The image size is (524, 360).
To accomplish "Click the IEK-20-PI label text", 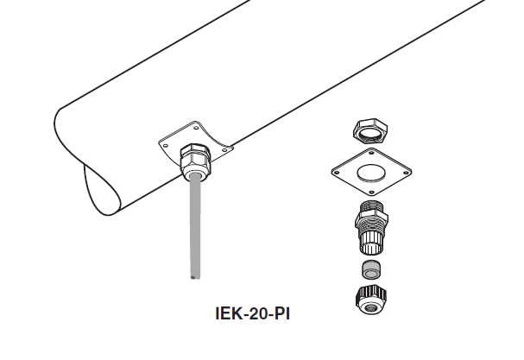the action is click(253, 313).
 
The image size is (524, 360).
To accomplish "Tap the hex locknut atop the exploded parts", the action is click(370, 131).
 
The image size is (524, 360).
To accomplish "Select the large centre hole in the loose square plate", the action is click(371, 174).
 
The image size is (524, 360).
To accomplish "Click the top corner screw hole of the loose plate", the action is click(371, 153).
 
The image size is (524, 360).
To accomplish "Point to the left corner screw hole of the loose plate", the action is click(337, 172).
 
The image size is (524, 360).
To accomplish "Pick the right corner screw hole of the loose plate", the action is click(406, 173).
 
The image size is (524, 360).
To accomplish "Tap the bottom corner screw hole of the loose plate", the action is click(371, 192).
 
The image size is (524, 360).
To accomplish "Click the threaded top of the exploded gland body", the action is click(371, 205).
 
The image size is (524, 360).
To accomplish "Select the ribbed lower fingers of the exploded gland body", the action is click(371, 242).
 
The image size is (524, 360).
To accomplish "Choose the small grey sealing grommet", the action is click(371, 269).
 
